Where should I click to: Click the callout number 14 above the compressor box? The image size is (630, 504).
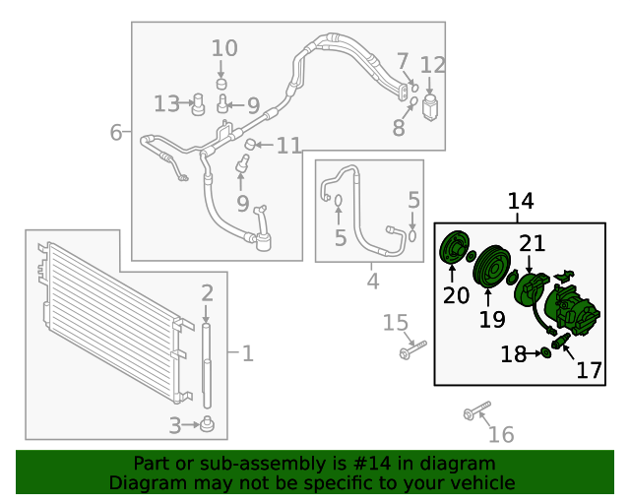(521, 202)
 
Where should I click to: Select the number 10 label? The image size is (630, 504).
(224, 47)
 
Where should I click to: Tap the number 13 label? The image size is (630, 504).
(166, 103)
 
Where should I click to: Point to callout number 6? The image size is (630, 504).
(115, 132)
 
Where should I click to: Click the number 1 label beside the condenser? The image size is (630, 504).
(247, 352)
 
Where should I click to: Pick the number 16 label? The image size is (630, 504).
(501, 434)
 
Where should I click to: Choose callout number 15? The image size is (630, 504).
(395, 323)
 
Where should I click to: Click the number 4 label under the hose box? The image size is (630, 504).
(372, 282)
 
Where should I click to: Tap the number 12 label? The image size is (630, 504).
(433, 66)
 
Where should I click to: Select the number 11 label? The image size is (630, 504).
(288, 146)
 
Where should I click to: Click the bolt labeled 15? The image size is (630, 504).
(411, 348)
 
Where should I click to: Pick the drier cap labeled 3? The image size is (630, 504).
(208, 425)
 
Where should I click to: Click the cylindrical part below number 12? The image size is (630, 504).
(431, 106)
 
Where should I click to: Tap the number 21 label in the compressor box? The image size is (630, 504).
(533, 243)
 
